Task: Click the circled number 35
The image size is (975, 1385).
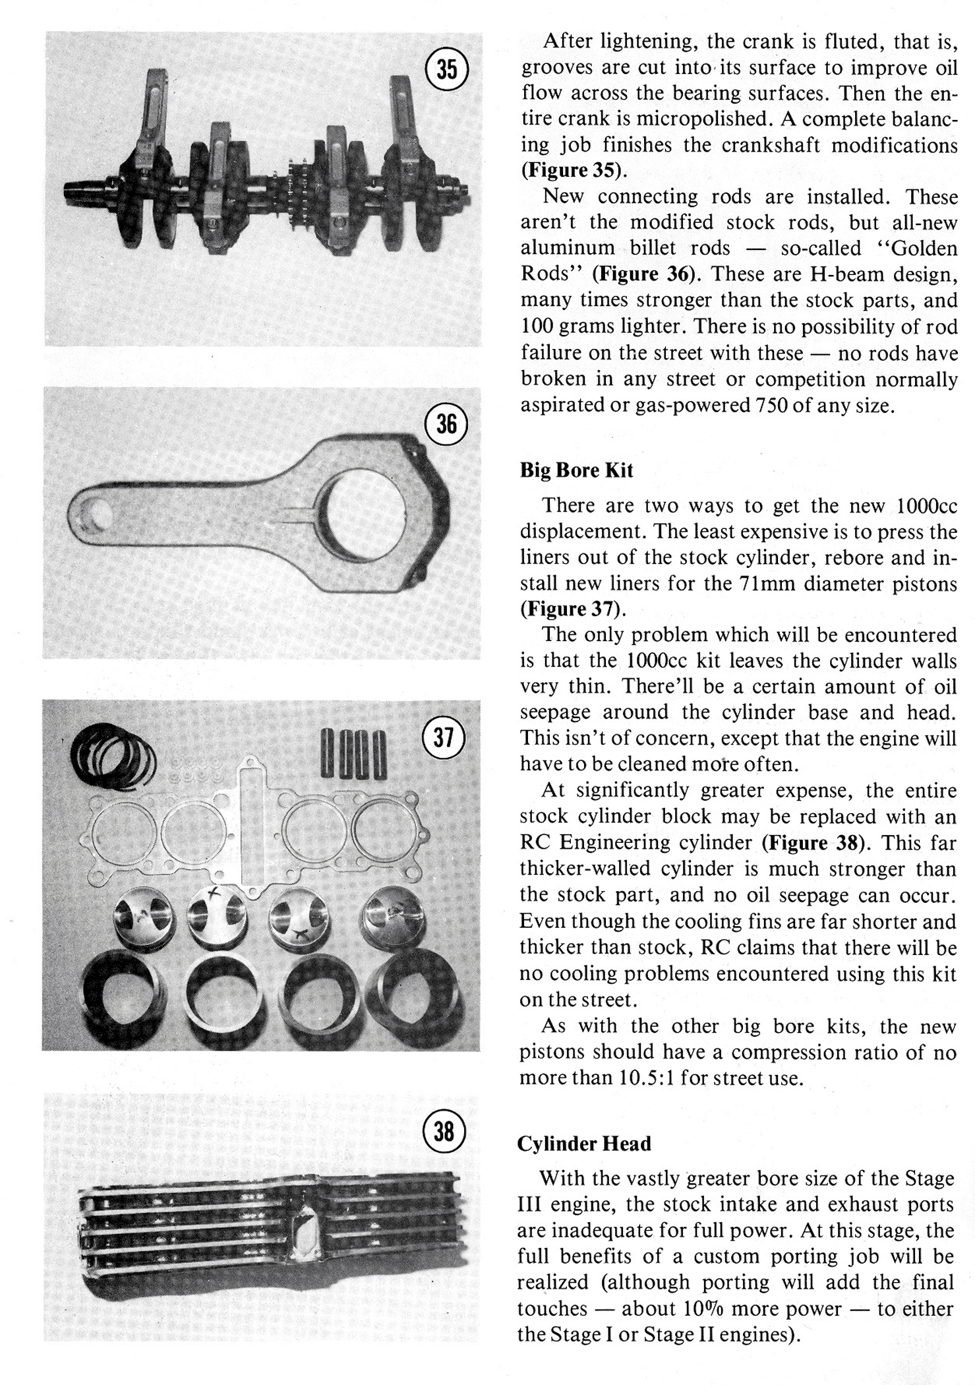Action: (447, 69)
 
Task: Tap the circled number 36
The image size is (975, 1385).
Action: (446, 423)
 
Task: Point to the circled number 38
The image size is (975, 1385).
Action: (444, 1132)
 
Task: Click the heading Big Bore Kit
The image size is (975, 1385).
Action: (576, 470)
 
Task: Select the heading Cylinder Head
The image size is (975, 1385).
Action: (584, 1144)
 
